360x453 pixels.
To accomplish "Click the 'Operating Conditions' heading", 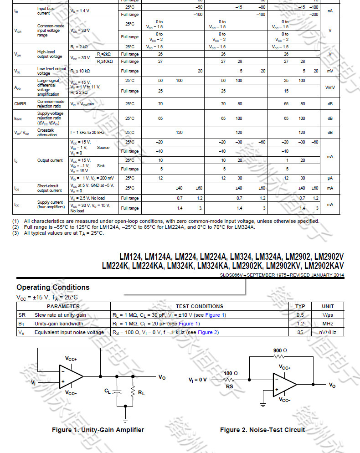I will [x=53, y=287].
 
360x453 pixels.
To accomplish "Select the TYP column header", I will [x=300, y=306].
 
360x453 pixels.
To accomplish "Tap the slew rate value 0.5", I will [x=300, y=315].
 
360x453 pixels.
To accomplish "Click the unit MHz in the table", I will [x=328, y=324].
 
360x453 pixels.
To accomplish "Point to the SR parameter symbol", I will [x=21, y=315].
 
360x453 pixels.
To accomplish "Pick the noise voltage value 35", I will [x=300, y=332].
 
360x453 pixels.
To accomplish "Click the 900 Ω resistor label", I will [x=280, y=350].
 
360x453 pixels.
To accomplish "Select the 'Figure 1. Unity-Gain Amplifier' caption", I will [x=98, y=430].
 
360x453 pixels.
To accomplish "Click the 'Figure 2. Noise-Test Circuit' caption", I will [x=262, y=430].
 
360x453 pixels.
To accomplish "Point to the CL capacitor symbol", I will [x=117, y=391].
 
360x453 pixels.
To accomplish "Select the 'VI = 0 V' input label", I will [x=198, y=379].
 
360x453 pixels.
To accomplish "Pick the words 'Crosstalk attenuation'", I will [x=47, y=133].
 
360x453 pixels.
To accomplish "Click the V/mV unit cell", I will [x=330, y=87].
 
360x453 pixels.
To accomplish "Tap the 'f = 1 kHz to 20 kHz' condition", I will [x=87, y=133].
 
